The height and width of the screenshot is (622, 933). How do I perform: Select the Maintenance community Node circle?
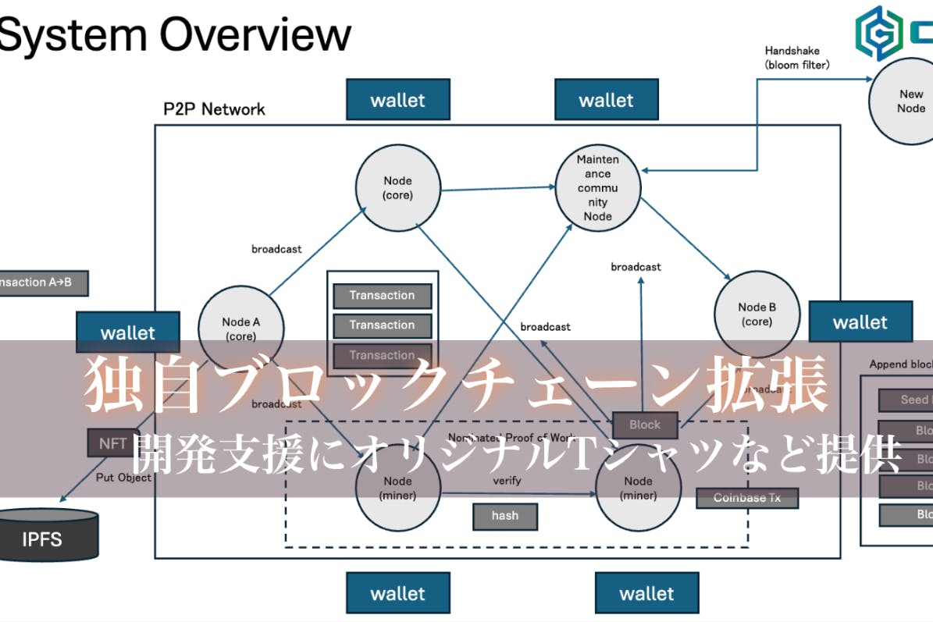597,188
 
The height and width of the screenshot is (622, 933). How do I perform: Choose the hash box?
505,515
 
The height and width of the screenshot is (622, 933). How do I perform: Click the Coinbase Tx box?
746,497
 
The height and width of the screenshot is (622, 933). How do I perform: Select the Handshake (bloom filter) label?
796,58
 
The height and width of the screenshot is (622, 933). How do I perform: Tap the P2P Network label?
214,109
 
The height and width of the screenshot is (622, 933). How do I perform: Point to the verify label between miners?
507,481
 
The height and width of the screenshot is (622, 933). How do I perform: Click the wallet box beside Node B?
860,322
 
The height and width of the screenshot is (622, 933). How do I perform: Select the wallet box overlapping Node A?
127,332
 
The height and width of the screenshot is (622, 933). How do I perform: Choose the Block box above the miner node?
644,425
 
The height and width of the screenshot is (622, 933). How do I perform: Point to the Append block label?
900,364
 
